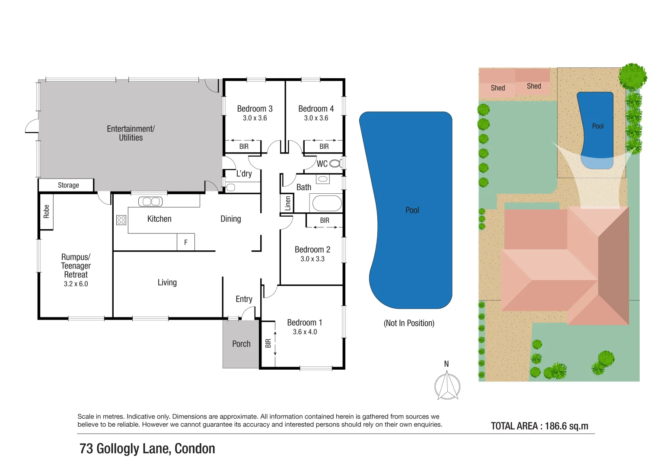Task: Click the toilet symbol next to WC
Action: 335,163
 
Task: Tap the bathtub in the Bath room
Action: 327,203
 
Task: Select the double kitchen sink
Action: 150,202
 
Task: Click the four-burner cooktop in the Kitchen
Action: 121,220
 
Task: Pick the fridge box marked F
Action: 186,242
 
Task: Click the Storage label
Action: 68,185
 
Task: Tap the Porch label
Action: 241,344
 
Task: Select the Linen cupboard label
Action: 288,203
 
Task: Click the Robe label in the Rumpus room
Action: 46,211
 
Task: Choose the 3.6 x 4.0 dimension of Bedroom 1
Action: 305,332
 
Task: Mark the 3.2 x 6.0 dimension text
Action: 76,284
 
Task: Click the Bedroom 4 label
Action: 316,109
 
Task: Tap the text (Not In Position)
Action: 409,323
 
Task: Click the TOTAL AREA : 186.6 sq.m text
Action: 539,426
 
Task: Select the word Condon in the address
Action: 194,449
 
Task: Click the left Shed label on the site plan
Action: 497,88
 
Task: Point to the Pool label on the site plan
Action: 597,126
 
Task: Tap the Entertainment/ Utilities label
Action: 131,133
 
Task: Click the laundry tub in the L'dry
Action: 230,188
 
